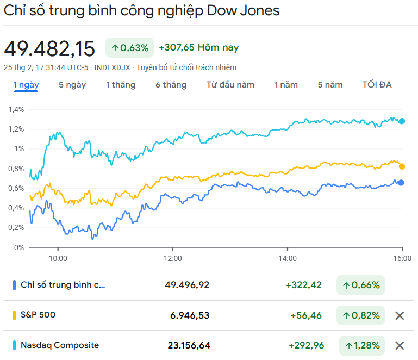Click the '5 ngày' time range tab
(x=72, y=85)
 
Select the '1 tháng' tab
(x=120, y=85)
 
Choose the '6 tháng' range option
(x=171, y=85)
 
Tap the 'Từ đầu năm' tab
(x=230, y=85)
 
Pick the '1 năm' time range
(x=286, y=85)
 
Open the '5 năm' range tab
(x=330, y=85)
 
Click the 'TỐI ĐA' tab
(x=377, y=85)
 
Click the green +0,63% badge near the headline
(x=130, y=48)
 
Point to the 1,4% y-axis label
(x=16, y=109)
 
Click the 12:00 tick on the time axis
(x=173, y=258)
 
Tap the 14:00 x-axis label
(x=288, y=258)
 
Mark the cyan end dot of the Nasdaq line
(x=402, y=121)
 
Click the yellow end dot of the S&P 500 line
(x=402, y=166)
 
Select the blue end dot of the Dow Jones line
(x=401, y=183)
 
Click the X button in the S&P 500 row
(x=400, y=315)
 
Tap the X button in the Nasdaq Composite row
(x=400, y=345)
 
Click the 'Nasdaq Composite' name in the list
(x=60, y=345)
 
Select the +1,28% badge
(x=360, y=345)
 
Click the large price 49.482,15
(x=49, y=48)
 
